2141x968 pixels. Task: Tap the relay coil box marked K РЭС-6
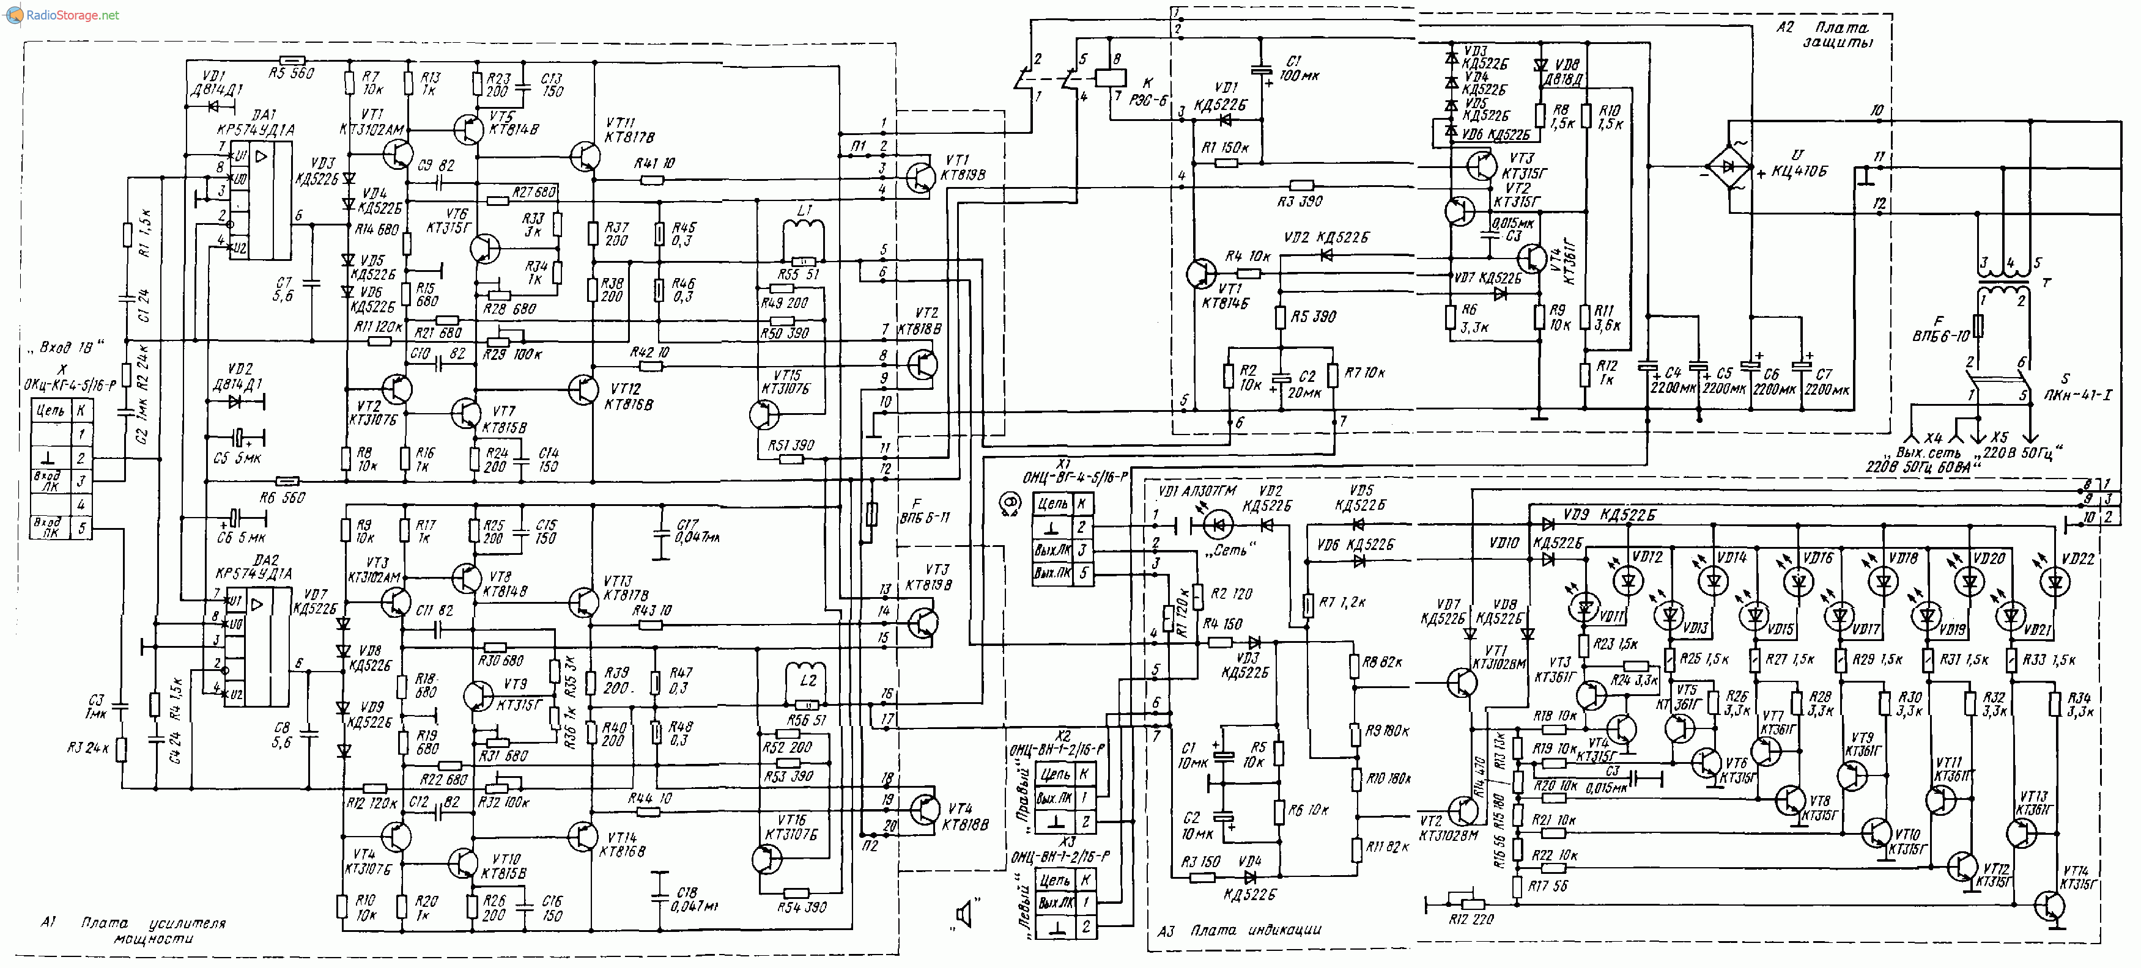click(1111, 77)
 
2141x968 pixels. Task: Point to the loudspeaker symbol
click(964, 915)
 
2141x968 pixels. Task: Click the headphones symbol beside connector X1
click(1011, 504)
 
